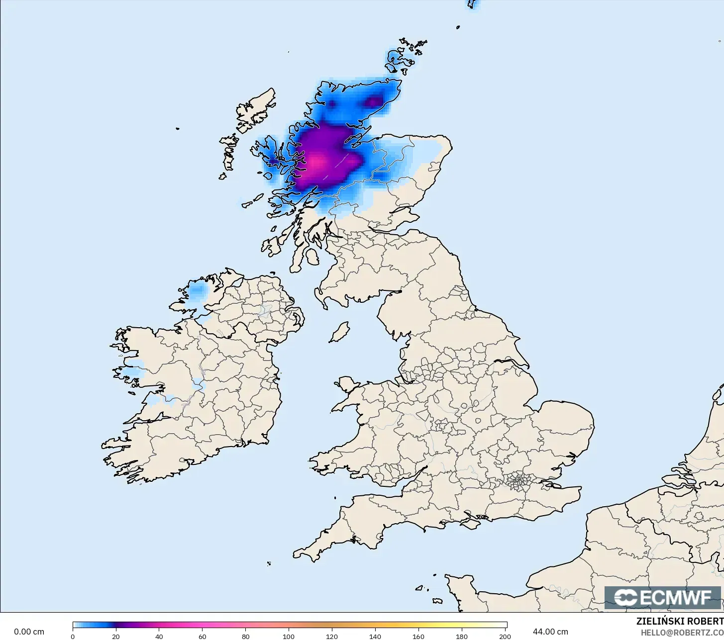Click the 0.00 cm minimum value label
[29, 632]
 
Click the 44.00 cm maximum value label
[550, 632]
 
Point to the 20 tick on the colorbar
[116, 636]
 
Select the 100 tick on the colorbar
[289, 636]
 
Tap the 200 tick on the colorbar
[505, 636]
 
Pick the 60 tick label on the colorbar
[202, 636]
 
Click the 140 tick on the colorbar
[375, 636]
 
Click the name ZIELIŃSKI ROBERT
[680, 621]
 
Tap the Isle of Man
[340, 332]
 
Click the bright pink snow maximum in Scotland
[316, 162]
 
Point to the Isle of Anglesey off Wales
[348, 386]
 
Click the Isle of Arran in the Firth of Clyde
[312, 257]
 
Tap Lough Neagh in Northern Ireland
[265, 311]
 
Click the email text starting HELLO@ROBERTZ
[682, 633]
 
